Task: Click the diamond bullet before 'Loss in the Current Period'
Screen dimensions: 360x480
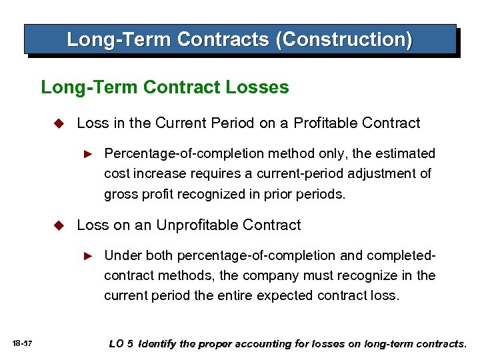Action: [58, 123]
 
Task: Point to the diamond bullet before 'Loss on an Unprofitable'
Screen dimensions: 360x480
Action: [58, 225]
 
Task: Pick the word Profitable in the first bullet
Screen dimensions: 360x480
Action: [325, 123]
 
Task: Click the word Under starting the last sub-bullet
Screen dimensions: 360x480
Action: [123, 255]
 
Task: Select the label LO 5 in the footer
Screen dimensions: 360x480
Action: [121, 344]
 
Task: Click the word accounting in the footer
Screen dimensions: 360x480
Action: [255, 344]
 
